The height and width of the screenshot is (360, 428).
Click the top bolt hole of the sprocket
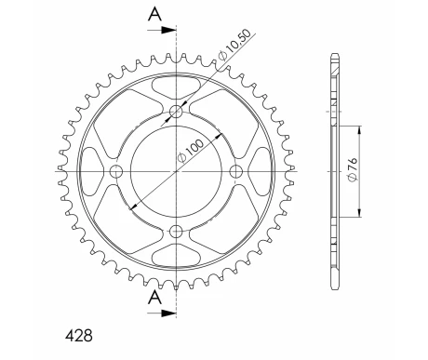[177, 112]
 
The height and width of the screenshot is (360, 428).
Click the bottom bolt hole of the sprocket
[177, 231]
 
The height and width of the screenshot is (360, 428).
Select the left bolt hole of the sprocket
[116, 171]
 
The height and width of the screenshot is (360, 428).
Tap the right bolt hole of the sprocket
[236, 171]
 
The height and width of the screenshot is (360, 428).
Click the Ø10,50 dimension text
[234, 45]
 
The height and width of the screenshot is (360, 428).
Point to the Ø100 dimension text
[191, 151]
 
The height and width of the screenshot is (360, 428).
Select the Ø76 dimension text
[354, 170]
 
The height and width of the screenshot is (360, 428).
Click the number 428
[79, 336]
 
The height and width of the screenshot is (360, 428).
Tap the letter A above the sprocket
[154, 14]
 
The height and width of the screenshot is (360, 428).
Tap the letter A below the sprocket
[154, 298]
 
